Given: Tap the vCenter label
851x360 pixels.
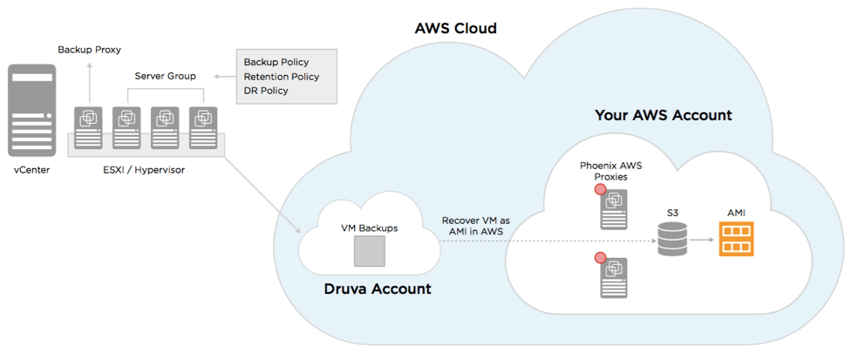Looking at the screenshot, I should (x=31, y=170).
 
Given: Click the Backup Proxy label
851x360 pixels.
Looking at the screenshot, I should (x=89, y=50).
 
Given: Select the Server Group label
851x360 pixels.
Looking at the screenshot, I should (x=165, y=76).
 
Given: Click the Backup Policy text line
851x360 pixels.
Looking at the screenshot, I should (x=276, y=62).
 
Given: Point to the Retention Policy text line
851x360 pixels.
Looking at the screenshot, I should (x=281, y=77).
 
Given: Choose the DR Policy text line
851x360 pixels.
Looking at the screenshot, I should (x=265, y=92).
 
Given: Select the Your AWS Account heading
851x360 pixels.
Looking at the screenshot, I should (x=663, y=115).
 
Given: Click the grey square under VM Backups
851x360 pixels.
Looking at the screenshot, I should (x=369, y=252).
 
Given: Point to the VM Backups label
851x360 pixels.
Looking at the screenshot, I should (x=369, y=228).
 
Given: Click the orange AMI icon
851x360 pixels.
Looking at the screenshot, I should (x=736, y=239).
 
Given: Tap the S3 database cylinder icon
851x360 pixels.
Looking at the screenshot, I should (x=671, y=238).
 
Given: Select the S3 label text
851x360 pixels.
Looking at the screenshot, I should (x=671, y=213).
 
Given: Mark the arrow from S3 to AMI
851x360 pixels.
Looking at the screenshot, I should (x=702, y=239).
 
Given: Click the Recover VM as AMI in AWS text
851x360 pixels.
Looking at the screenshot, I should (x=475, y=226).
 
